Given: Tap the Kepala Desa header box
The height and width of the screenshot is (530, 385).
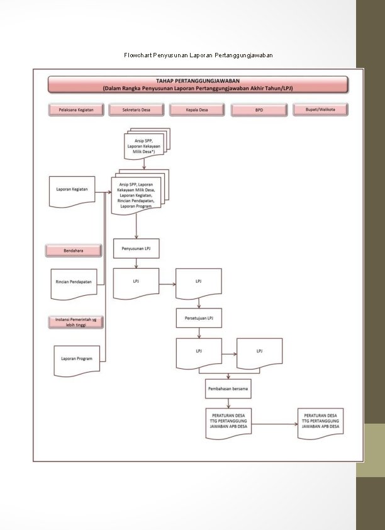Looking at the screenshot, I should pyautogui.click(x=197, y=110).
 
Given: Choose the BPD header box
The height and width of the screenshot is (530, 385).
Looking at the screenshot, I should pyautogui.click(x=259, y=110).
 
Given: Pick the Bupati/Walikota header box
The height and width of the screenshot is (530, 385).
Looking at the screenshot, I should pyautogui.click(x=320, y=110).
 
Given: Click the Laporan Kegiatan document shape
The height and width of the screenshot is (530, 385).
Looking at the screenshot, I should pyautogui.click(x=72, y=190).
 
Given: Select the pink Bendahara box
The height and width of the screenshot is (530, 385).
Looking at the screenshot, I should pyautogui.click(x=73, y=251).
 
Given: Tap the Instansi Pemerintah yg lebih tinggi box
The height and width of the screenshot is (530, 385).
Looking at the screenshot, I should pyautogui.click(x=76, y=322).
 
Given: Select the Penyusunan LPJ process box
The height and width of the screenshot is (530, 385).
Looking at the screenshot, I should pyautogui.click(x=136, y=249).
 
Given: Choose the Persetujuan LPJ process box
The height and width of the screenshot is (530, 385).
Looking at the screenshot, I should pyautogui.click(x=199, y=319).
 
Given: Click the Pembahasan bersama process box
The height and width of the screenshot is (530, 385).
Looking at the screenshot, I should pyautogui.click(x=228, y=389).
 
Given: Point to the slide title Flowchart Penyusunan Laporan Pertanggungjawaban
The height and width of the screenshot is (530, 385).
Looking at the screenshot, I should pyautogui.click(x=198, y=55).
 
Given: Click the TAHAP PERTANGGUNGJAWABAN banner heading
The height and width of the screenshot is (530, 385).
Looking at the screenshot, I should pyautogui.click(x=198, y=84).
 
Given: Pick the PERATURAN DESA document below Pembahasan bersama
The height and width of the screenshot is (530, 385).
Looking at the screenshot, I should pyautogui.click(x=228, y=423).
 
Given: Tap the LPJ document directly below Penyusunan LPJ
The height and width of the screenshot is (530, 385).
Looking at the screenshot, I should pyautogui.click(x=136, y=283).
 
